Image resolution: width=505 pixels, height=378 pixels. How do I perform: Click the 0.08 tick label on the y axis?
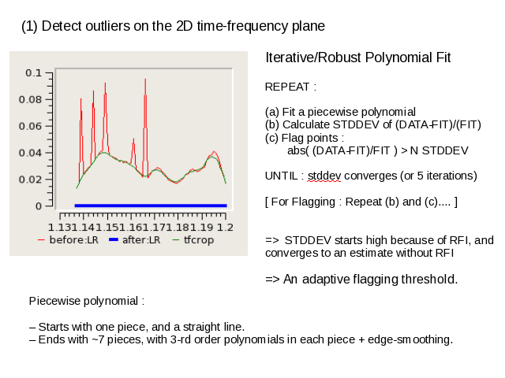pyautogui.click(x=30, y=100)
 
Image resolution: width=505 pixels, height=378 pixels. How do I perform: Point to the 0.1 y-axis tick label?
pyautogui.click(x=33, y=73)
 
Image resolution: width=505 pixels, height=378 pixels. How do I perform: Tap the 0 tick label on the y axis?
pyautogui.click(x=39, y=206)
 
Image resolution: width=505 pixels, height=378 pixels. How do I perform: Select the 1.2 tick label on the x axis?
pyautogui.click(x=225, y=228)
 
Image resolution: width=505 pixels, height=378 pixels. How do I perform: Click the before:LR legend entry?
pyautogui.click(x=68, y=240)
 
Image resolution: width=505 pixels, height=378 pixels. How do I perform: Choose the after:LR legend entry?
pyautogui.click(x=134, y=240)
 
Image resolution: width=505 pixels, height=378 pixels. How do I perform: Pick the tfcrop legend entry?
pyautogui.click(x=193, y=240)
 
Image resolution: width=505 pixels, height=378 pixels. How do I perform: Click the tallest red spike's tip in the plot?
pyautogui.click(x=145, y=79)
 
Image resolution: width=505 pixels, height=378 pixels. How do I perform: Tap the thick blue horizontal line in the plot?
pyautogui.click(x=151, y=206)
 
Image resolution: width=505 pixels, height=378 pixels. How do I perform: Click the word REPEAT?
pyautogui.click(x=287, y=87)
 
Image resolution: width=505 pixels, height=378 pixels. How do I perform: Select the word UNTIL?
pyautogui.click(x=281, y=176)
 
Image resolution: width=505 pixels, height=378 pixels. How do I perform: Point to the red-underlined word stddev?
pyautogui.click(x=324, y=176)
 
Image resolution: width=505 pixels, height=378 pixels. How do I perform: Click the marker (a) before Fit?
pyautogui.click(x=272, y=112)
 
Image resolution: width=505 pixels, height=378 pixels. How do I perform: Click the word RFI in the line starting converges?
pyautogui.click(x=444, y=253)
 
